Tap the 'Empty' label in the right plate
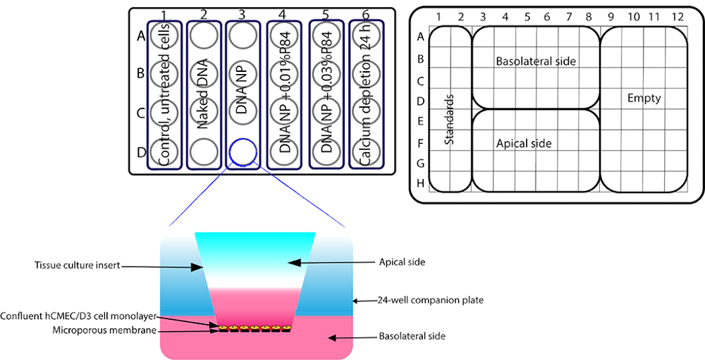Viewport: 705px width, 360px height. click(644, 98)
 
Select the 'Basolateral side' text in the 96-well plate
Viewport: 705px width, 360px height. click(536, 61)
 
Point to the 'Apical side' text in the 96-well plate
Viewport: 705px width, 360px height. click(523, 143)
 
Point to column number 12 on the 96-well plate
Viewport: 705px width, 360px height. click(678, 15)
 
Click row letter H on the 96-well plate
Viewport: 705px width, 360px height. click(419, 183)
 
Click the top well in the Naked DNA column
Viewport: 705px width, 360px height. click(204, 34)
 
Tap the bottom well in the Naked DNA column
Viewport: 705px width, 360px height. click(204, 149)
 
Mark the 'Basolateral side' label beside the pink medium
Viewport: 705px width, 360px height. click(412, 337)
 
